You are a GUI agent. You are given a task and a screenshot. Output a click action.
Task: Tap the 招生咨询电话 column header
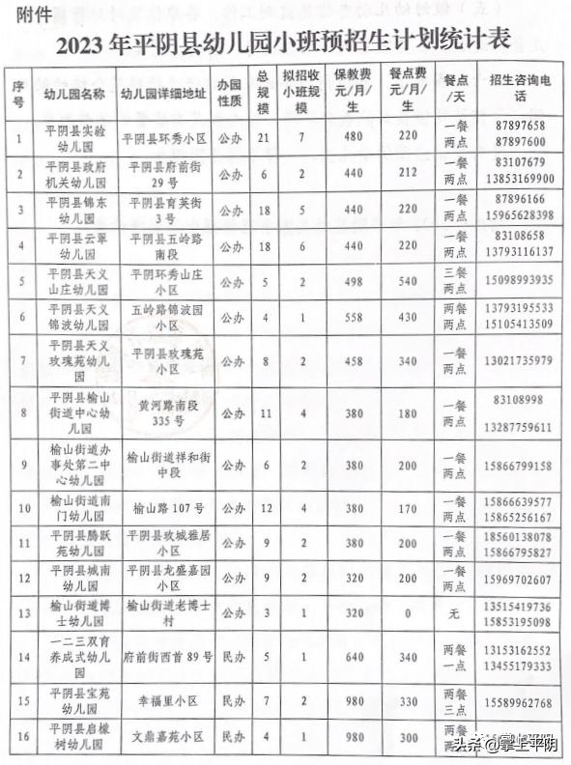pos(522,88)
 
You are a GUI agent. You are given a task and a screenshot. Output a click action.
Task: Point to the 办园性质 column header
pos(229,88)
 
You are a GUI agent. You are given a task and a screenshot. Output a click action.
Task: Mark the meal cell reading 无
pos(453,611)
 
